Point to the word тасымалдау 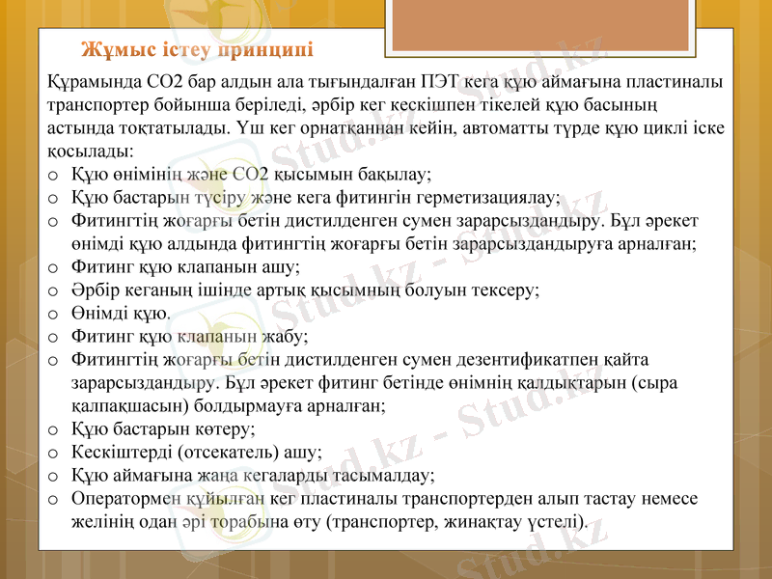click(x=383, y=475)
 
